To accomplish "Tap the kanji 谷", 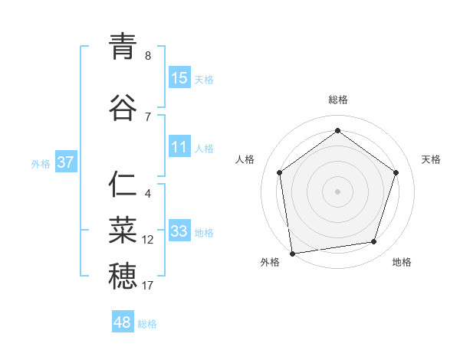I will pos(123,108).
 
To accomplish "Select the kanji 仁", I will pos(123,186).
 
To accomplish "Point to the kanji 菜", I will pos(123,231).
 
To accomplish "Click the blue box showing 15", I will pos(179,78).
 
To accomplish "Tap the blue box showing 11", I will pos(179,148).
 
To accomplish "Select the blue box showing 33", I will pos(179,231).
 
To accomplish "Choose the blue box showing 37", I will pos(65,162).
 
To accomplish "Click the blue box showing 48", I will pos(123,322).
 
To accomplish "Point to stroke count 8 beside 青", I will pos(148,56).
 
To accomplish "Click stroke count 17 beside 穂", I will pos(148,286).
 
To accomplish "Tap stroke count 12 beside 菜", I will pos(148,240).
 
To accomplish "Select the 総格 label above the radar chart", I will pos(338,100).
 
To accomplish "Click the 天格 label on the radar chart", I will pos(431,159).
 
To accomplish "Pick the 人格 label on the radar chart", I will pos(245,159).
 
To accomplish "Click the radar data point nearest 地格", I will pos(374,242).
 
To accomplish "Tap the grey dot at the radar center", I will pos(337,191).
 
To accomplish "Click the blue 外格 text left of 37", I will pos(41,163).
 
